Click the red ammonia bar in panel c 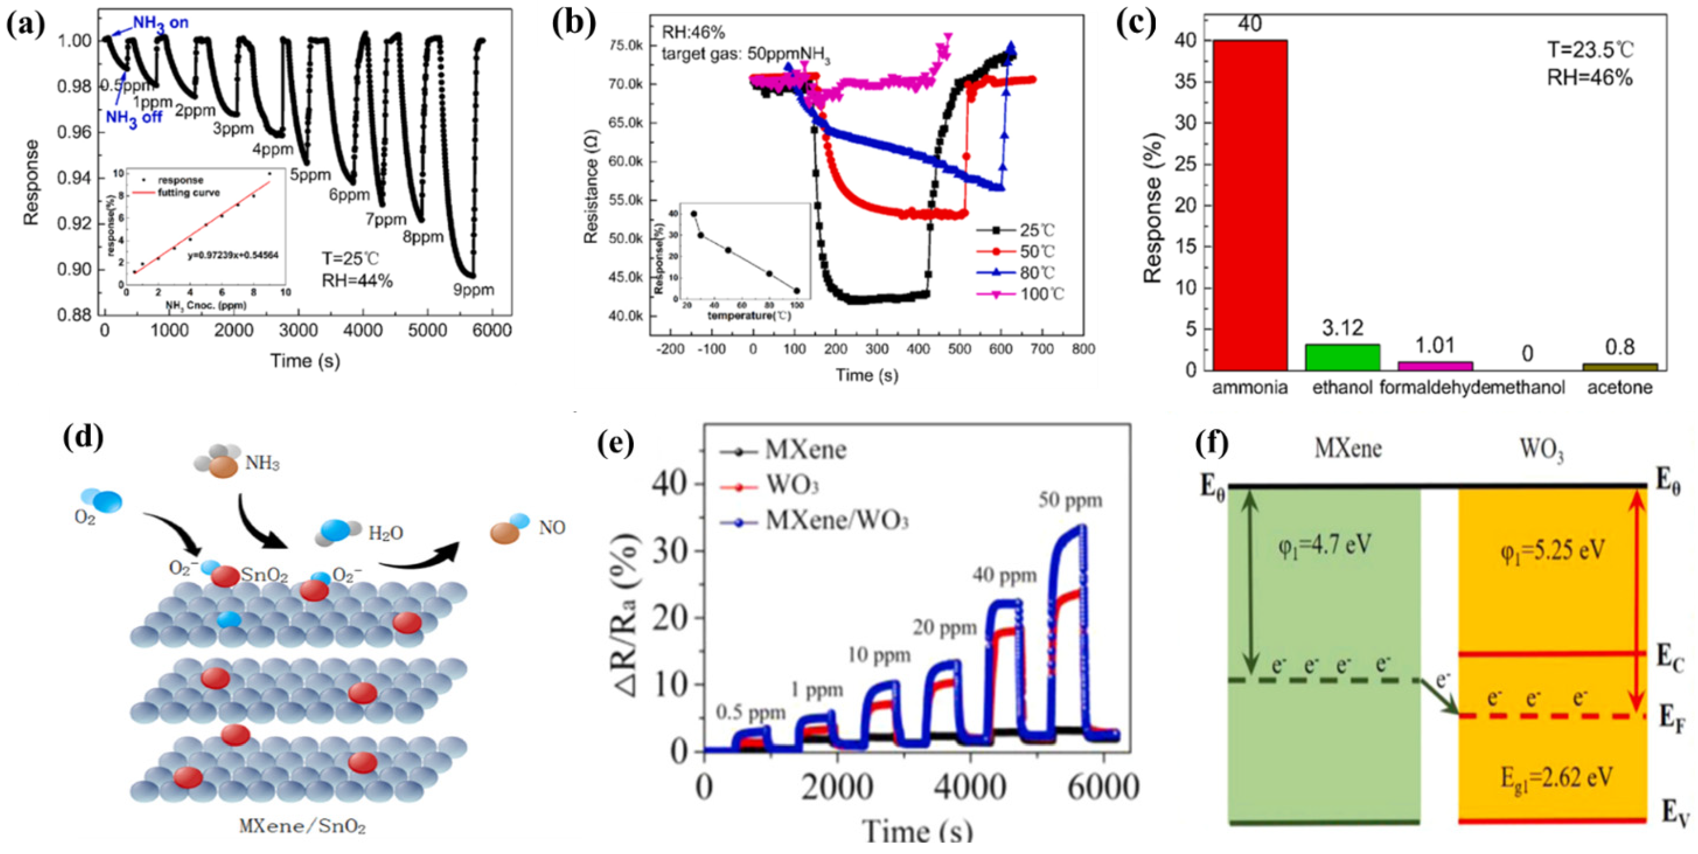point(1250,204)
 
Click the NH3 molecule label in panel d point(262,464)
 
